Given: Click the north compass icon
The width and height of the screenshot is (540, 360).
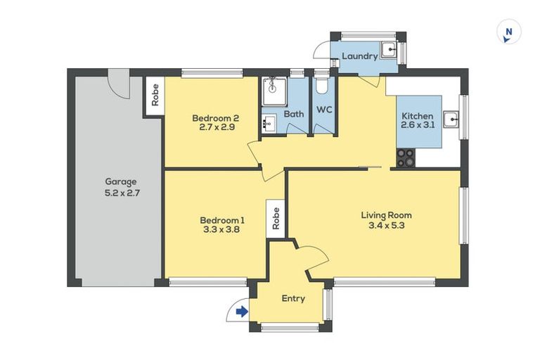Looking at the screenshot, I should (507, 32).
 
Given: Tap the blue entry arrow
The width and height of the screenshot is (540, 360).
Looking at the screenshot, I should (241, 311).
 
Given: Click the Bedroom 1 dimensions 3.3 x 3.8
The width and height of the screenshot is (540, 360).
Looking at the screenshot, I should (216, 229).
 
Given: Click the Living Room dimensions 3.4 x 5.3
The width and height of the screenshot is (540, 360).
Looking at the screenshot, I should (386, 226).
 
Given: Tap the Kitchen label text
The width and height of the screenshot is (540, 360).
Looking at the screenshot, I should (418, 116).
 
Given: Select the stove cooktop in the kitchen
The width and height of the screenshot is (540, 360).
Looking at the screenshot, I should (406, 158).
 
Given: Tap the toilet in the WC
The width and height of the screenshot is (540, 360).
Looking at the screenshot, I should (322, 86).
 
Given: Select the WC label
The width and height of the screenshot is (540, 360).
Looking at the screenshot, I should (323, 110).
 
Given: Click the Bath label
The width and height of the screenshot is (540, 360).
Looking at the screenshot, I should (294, 114).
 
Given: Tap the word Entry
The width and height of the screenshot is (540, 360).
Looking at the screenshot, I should (293, 299).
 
